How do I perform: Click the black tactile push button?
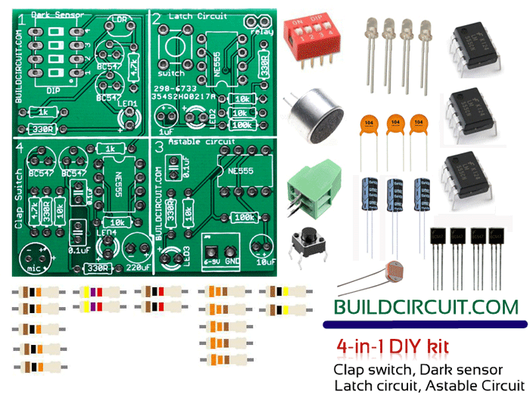tap(310, 242)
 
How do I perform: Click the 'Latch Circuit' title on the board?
tap(200, 16)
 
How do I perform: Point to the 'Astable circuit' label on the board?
tap(200, 142)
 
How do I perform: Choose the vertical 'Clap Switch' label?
tap(18, 186)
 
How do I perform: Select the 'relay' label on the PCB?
tap(263, 31)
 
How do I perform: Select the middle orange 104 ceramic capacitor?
tap(394, 124)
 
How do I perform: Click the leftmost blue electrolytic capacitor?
tap(370, 197)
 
